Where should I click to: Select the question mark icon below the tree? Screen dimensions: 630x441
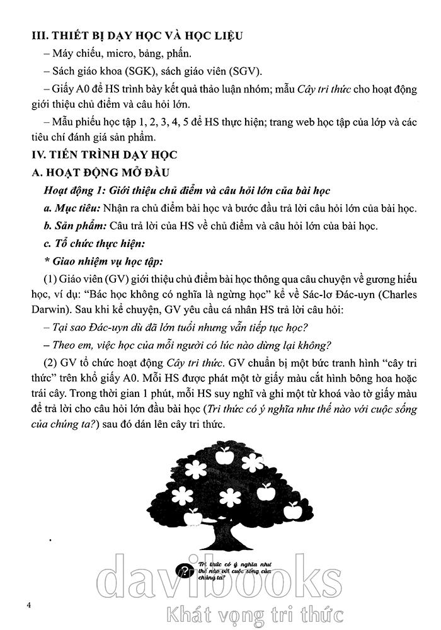pos(185,571)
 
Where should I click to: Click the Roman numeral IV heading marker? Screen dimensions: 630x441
pos(39,154)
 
